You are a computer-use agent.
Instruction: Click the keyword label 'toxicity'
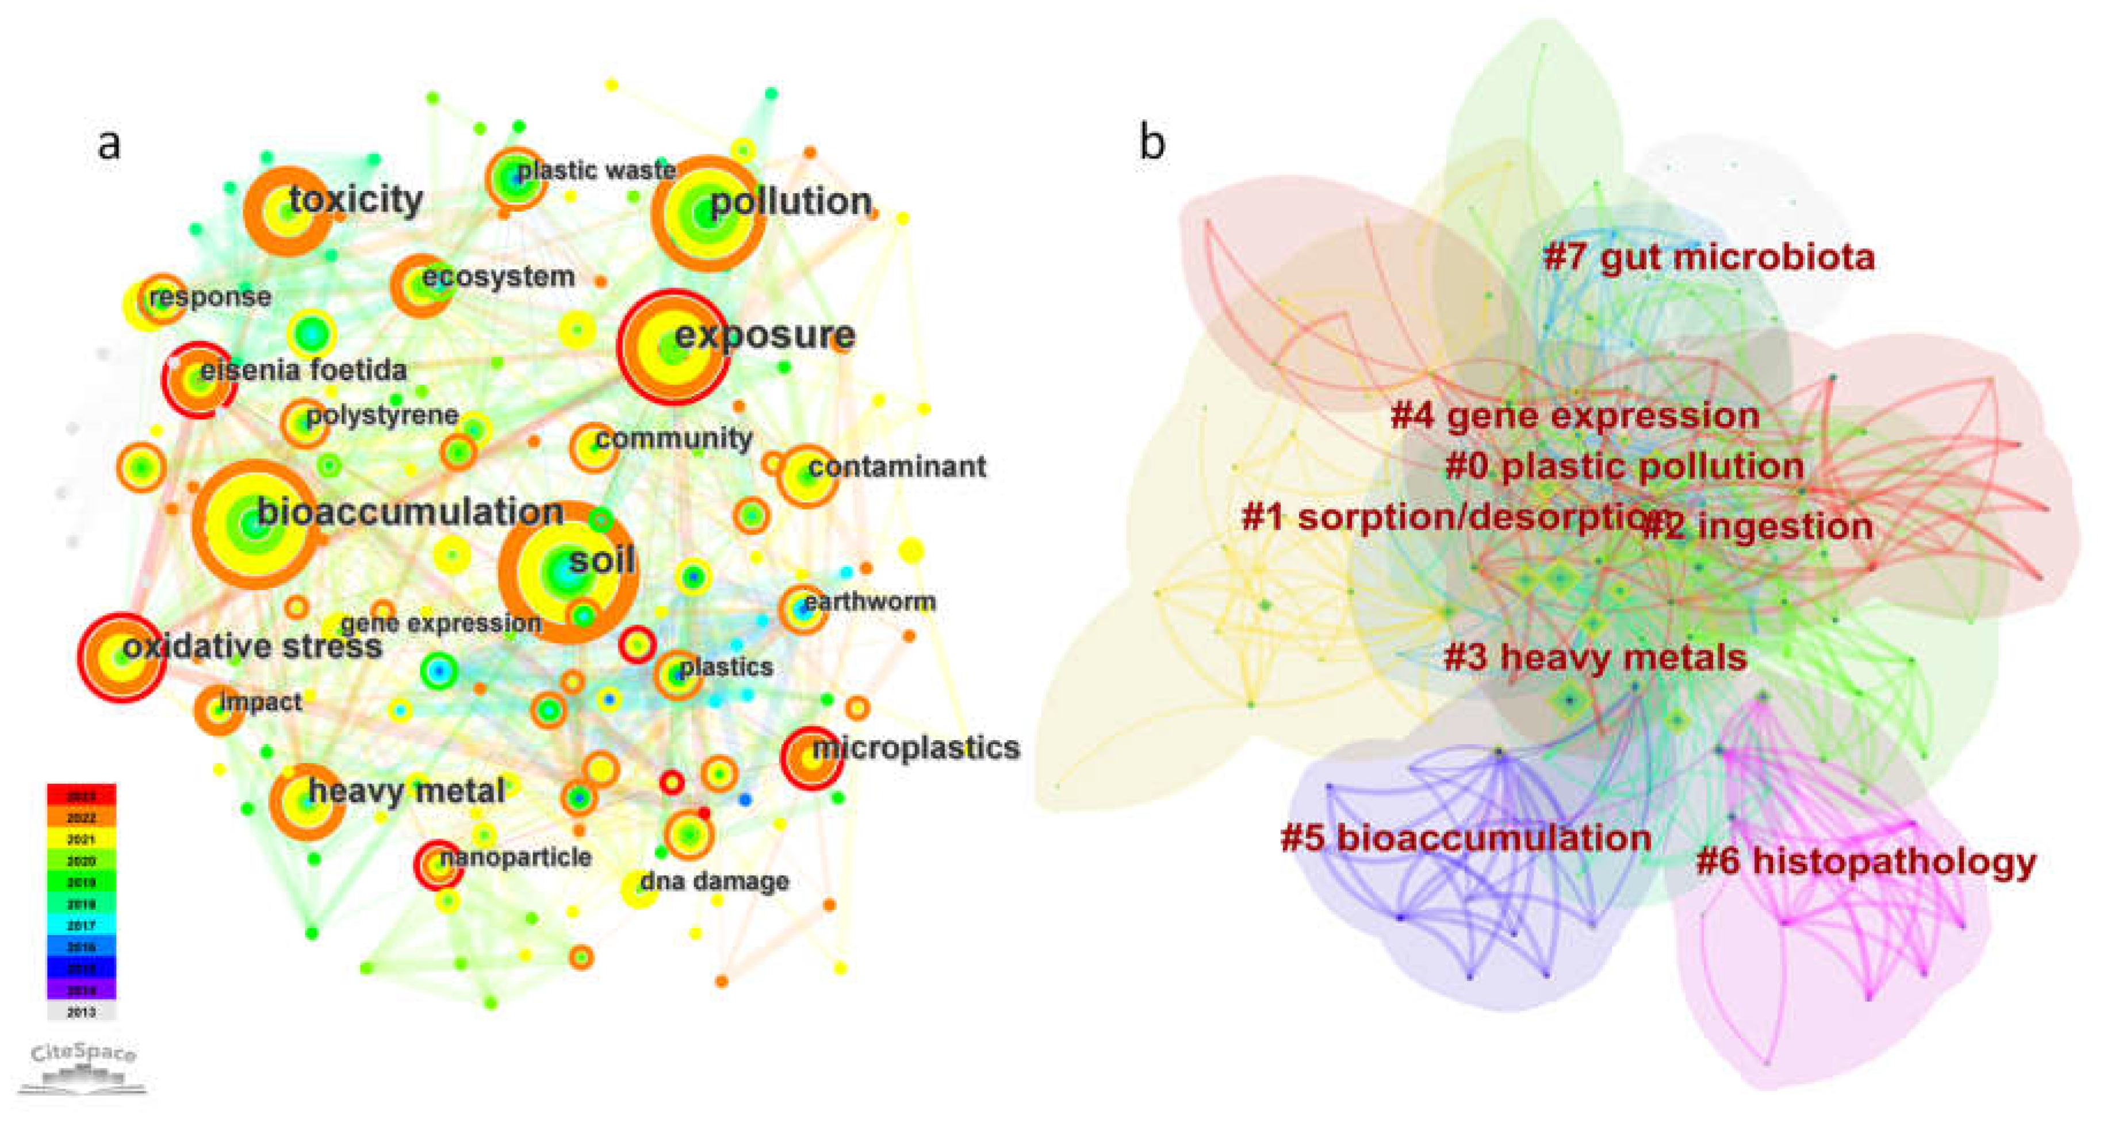[356, 199]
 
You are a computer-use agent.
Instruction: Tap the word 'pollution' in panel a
[790, 201]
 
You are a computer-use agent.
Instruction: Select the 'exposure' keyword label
[765, 334]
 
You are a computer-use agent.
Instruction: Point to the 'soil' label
[602, 560]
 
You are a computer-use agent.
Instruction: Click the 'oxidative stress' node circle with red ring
[122, 657]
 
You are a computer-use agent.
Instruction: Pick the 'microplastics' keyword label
[915, 747]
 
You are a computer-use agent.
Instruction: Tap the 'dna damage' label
[714, 881]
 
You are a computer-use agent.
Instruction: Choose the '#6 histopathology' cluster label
[1865, 861]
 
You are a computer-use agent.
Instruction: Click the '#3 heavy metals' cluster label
[1595, 657]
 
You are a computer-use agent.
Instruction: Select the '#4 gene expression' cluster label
[1575, 416]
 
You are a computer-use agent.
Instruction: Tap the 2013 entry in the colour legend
[81, 1012]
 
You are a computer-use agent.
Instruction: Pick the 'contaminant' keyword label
[897, 466]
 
